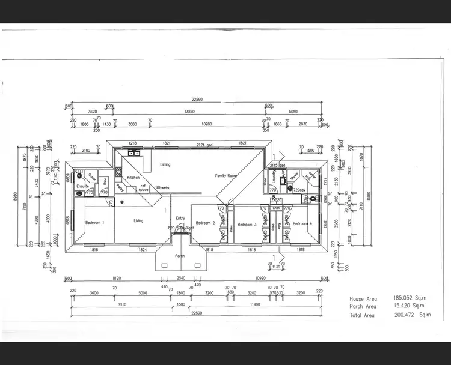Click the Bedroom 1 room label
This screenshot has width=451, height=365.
pyautogui.click(x=94, y=223)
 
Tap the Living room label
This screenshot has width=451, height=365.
pyautogui.click(x=138, y=221)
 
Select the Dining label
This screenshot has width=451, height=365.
pyautogui.click(x=165, y=164)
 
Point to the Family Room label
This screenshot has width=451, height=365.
pyautogui.click(x=226, y=175)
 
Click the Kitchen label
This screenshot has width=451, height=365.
pyautogui.click(x=133, y=178)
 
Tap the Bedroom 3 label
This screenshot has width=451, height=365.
pyautogui.click(x=247, y=225)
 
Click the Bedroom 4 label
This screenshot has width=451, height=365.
pyautogui.click(x=302, y=224)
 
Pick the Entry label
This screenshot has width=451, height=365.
pyautogui.click(x=180, y=218)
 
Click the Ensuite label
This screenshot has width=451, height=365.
pyautogui.click(x=82, y=186)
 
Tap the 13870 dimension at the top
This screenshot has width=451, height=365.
pyautogui.click(x=189, y=112)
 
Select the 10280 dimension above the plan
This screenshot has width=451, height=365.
pyautogui.click(x=206, y=124)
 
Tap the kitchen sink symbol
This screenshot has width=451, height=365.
pyautogui.click(x=133, y=153)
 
